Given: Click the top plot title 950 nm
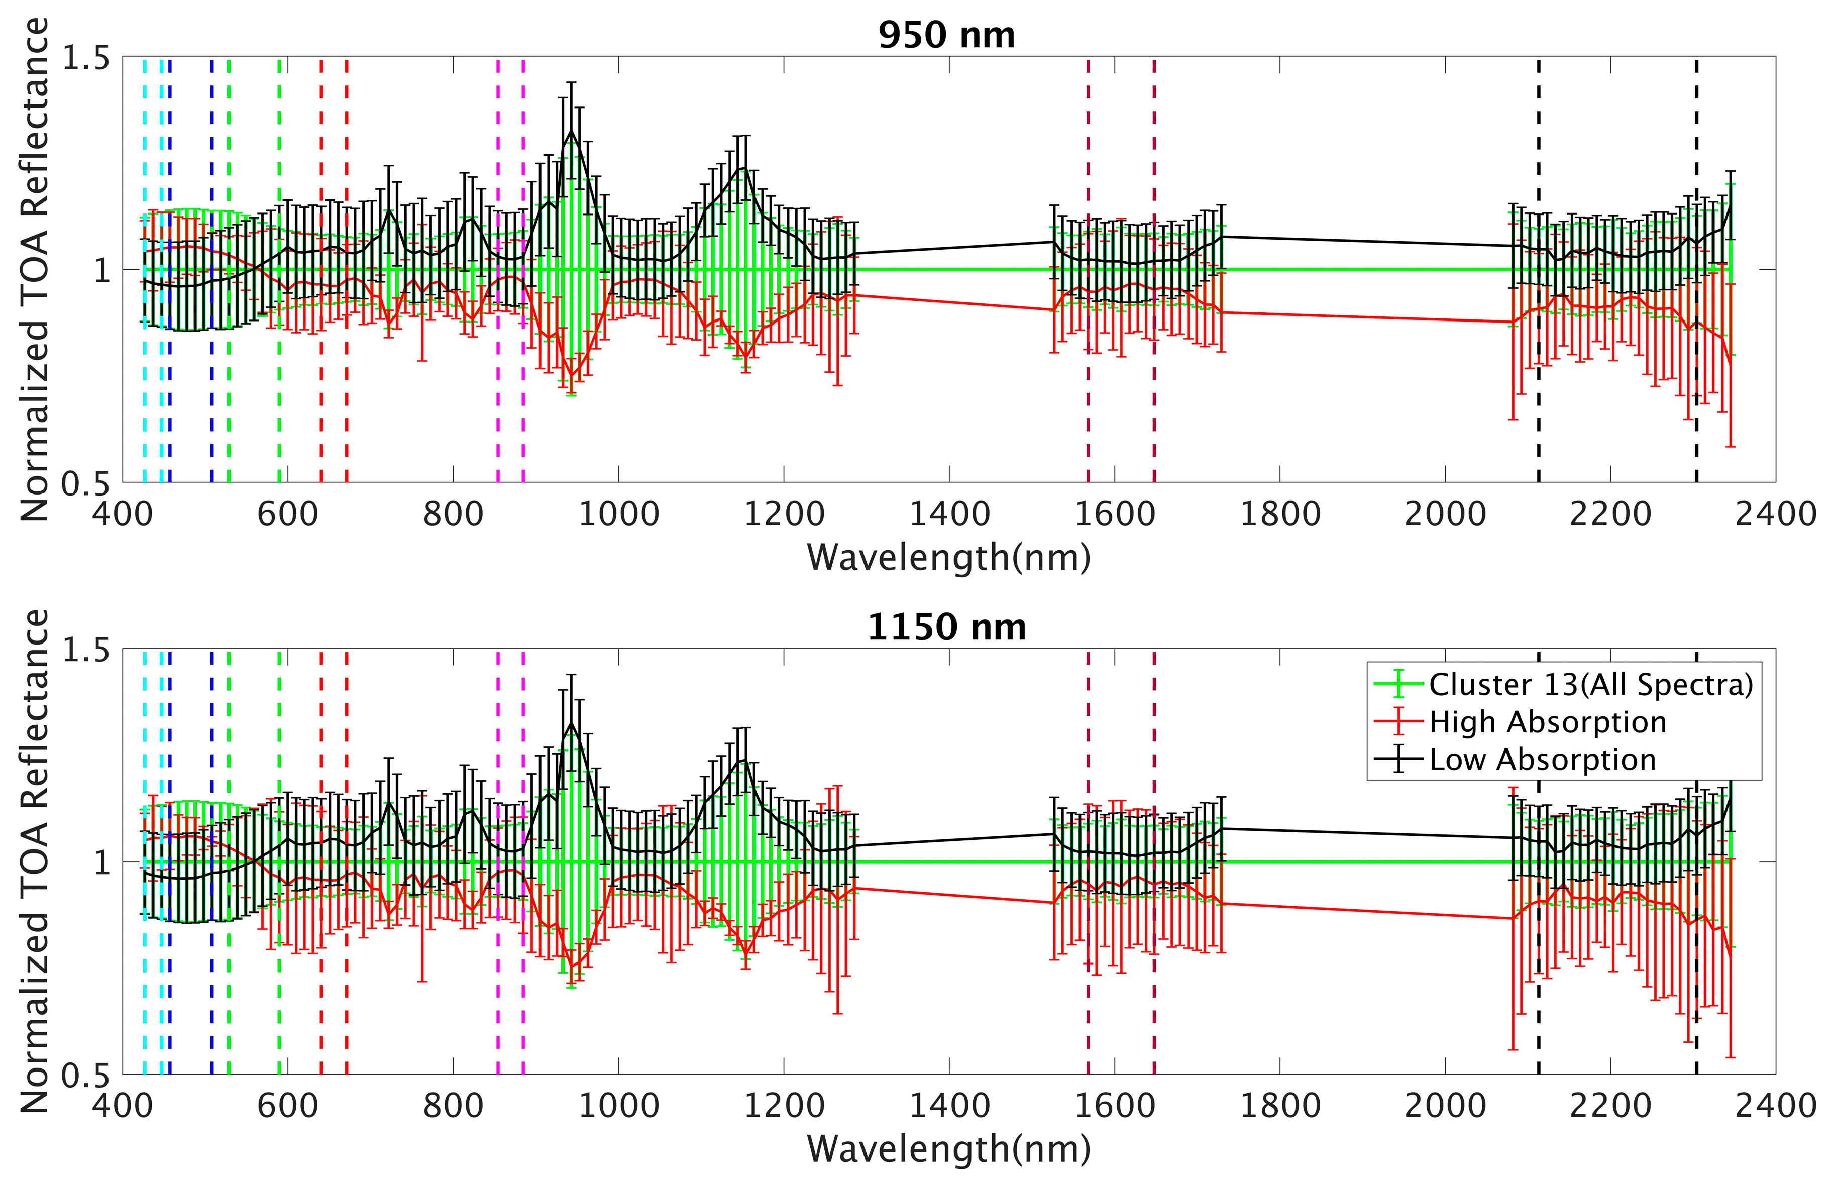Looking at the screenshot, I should pyautogui.click(x=946, y=35).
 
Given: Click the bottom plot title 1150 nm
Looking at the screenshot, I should pyautogui.click(x=946, y=627).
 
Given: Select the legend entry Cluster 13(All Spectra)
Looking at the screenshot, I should pyautogui.click(x=1590, y=684).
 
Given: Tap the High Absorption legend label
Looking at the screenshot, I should pyautogui.click(x=1547, y=722).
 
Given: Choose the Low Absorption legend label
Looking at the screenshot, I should pyautogui.click(x=1542, y=760).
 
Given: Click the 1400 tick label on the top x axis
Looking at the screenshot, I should pyautogui.click(x=949, y=513).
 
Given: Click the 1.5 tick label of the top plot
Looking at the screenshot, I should pyautogui.click(x=86, y=58).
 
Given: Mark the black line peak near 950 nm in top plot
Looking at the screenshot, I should pyautogui.click(x=571, y=132).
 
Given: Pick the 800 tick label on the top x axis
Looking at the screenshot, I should pyautogui.click(x=453, y=513).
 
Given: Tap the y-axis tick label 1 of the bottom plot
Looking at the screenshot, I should pyautogui.click(x=102, y=862).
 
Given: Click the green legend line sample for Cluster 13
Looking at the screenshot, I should pyautogui.click(x=1398, y=684).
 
